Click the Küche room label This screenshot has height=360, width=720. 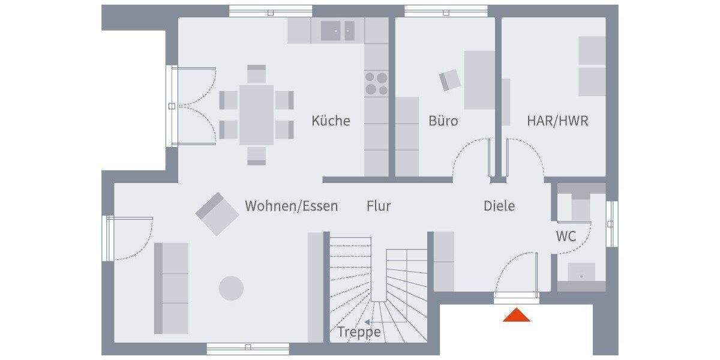[x=331, y=121]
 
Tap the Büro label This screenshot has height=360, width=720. [x=443, y=121]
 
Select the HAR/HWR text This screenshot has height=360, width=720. [x=557, y=121]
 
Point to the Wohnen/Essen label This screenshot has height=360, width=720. [x=291, y=206]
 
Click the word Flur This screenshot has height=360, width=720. [x=379, y=206]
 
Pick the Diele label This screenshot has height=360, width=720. [x=499, y=206]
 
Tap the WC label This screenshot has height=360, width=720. [x=565, y=236]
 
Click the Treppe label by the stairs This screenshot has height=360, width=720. [x=359, y=332]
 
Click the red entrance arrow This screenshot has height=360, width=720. [x=517, y=315]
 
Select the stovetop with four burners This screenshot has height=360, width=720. [x=377, y=83]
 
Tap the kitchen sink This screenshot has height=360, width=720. [x=337, y=30]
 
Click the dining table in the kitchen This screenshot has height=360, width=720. [x=257, y=115]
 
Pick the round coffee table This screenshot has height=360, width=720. [x=231, y=288]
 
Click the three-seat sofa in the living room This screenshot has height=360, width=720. [x=172, y=288]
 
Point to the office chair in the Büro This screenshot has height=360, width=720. [x=451, y=80]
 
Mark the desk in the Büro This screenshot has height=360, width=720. [x=479, y=80]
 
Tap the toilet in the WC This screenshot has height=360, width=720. [x=580, y=208]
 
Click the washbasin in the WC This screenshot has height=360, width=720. [x=581, y=273]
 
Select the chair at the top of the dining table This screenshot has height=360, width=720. [x=257, y=74]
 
